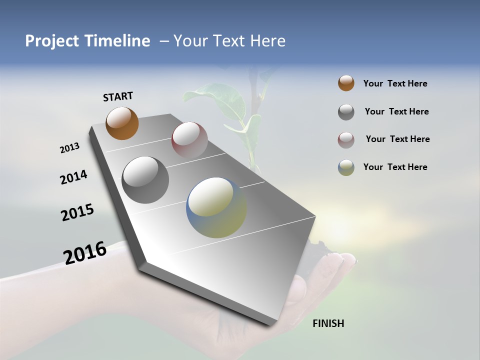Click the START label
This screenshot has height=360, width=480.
[118, 96]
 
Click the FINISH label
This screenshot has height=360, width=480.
[328, 323]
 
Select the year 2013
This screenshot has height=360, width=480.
[69, 148]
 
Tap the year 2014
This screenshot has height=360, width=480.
[73, 177]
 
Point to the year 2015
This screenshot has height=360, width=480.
[77, 212]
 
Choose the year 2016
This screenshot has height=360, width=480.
[85, 252]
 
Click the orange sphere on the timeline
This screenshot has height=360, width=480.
[122, 123]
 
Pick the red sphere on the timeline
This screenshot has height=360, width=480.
[189, 140]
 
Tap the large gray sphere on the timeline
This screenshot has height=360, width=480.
[145, 180]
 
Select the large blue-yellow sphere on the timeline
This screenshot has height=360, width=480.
[216, 207]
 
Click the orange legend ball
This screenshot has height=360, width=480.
[346, 83]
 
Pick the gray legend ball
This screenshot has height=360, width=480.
[346, 112]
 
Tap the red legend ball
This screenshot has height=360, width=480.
[346, 140]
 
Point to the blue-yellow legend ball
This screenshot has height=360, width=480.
[346, 167]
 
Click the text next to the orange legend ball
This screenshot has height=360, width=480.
[395, 83]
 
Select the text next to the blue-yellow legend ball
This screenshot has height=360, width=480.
[395, 167]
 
